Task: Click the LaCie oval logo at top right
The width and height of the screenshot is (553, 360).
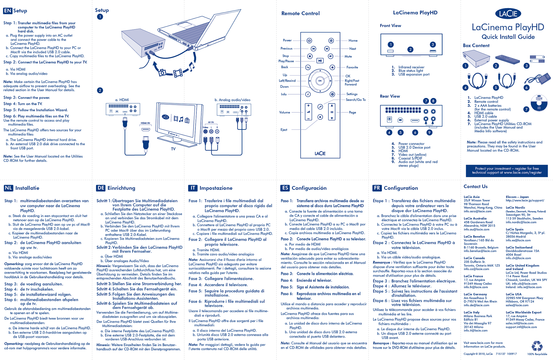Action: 508,14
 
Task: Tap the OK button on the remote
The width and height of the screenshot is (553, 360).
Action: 320,81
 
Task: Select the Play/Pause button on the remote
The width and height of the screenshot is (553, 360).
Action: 320,61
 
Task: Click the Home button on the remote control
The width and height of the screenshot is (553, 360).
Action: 331,41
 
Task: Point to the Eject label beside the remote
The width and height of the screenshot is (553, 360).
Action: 284,130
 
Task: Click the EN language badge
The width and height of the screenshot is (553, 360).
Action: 7,11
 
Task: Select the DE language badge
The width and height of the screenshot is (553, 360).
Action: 101,188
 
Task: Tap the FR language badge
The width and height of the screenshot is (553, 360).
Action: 377,188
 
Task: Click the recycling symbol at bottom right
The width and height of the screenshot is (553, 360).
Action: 537,346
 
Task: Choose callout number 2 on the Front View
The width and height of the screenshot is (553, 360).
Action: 410,50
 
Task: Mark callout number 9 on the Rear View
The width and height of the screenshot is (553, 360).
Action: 429,133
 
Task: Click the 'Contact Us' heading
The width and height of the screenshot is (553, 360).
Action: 476,186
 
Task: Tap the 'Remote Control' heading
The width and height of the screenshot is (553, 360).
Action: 300,13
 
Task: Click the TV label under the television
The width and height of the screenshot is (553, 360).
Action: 173,149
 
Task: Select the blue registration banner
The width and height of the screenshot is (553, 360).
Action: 507,170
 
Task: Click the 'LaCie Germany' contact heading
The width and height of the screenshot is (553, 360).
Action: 475,294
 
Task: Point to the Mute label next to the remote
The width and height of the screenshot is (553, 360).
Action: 348,56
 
